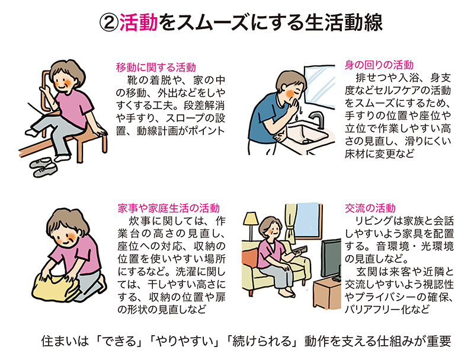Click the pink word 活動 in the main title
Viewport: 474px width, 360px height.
click(x=139, y=23)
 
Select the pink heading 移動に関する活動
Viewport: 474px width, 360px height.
click(x=156, y=67)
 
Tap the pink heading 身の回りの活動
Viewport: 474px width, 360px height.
click(x=379, y=65)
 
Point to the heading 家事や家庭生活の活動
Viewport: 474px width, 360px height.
click(x=169, y=208)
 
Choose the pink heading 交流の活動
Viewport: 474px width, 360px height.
click(x=370, y=208)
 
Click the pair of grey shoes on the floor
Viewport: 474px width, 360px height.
click(x=44, y=167)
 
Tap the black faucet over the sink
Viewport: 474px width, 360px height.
click(x=317, y=120)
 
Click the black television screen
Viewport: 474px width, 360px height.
click(x=331, y=258)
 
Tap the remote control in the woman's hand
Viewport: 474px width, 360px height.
click(x=302, y=250)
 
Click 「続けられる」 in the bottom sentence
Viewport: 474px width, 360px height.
click(x=262, y=341)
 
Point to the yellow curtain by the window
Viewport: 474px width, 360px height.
click(x=291, y=222)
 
